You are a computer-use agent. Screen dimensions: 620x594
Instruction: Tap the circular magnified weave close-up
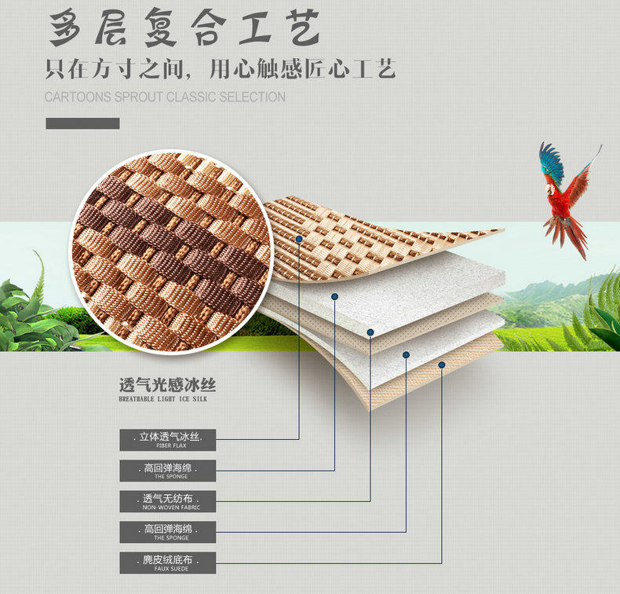[172, 252]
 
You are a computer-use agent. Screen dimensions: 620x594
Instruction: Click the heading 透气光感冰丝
[167, 386]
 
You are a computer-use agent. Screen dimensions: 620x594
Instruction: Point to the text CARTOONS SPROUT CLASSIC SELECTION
[165, 97]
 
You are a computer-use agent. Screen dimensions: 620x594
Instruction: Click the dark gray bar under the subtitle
[82, 123]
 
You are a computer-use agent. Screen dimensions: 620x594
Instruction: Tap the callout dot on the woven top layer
[299, 236]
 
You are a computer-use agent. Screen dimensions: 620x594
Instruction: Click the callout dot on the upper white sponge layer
[334, 296]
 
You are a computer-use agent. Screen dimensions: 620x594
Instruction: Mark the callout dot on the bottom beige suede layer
[441, 365]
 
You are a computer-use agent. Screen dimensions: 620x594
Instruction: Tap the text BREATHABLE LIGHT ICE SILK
[163, 399]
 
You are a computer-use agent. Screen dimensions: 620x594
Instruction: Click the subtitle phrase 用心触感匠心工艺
[302, 69]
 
